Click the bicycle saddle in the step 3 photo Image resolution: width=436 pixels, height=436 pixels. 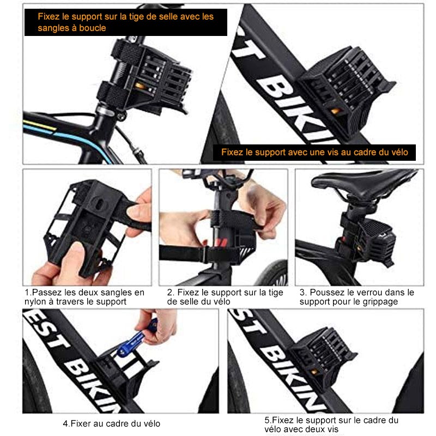[361, 184]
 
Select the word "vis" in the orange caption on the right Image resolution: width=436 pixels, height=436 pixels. [330, 152]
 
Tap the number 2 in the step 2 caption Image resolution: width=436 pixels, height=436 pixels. [169, 293]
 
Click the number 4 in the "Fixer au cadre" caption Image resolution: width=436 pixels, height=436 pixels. [65, 423]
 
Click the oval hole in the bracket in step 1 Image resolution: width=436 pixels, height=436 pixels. [99, 203]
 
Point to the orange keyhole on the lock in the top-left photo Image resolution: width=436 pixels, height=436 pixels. [139, 86]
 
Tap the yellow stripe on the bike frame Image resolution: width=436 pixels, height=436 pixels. [39, 125]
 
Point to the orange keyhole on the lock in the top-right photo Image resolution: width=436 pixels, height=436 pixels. [335, 111]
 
